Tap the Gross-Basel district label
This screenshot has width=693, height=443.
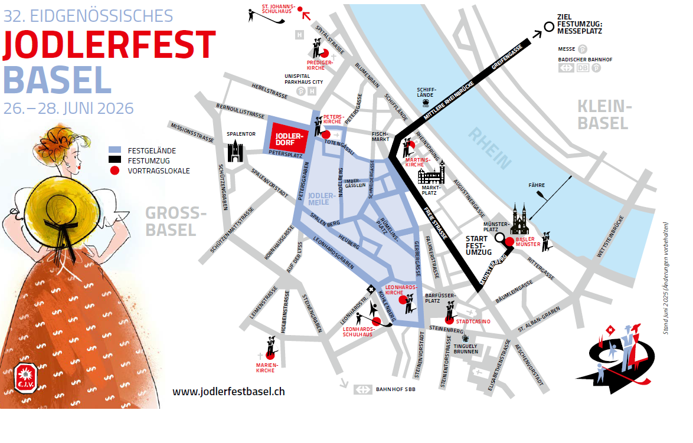coord(171,222)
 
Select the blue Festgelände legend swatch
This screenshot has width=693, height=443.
coord(117,150)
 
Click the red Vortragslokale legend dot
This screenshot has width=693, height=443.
coord(116,170)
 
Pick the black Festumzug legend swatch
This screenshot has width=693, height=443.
coord(117,160)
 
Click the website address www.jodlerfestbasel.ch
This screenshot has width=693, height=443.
coord(229,391)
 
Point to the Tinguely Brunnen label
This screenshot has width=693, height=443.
coord(466,348)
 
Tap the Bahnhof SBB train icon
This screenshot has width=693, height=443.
coord(362,390)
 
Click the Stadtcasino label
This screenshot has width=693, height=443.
coord(473,321)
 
